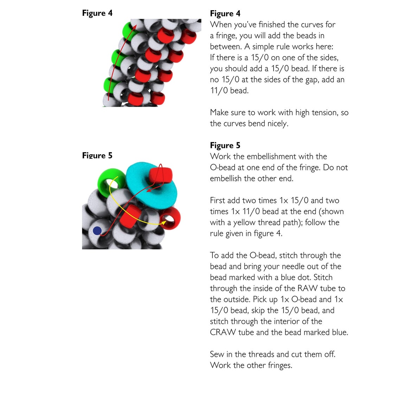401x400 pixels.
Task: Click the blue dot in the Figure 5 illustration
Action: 97,231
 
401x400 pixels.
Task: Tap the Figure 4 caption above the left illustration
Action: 97,13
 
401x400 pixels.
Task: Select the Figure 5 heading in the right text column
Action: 225,145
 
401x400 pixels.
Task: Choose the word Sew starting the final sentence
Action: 217,354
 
